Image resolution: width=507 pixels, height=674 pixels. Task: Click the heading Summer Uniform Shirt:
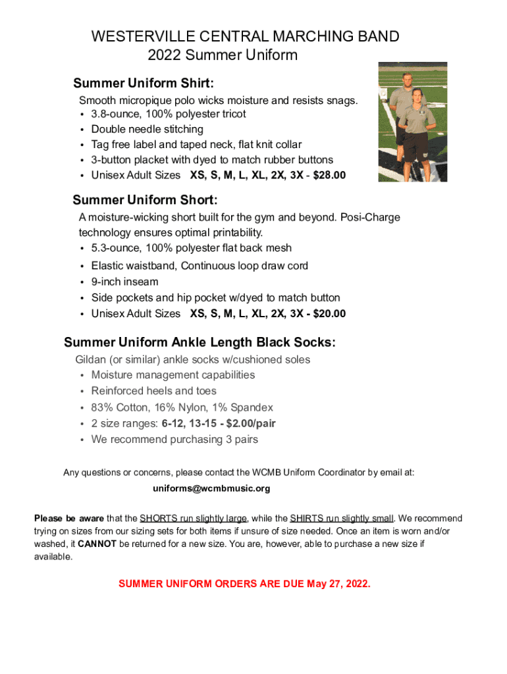[144, 84]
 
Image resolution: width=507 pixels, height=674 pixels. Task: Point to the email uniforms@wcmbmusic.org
[211, 488]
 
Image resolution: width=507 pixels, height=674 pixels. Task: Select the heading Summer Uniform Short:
[145, 200]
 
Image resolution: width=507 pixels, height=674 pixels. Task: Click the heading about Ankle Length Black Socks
[200, 343]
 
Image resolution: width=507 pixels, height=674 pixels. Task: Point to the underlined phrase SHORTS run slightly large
[194, 519]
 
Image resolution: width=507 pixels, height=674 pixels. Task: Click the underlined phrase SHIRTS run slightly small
[342, 519]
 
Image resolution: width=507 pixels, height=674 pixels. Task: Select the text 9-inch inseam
[124, 282]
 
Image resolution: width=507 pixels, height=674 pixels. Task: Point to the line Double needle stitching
[147, 129]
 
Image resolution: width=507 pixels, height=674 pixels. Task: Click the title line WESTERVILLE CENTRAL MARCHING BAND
[245, 36]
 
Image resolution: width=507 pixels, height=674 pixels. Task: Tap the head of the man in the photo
[408, 80]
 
